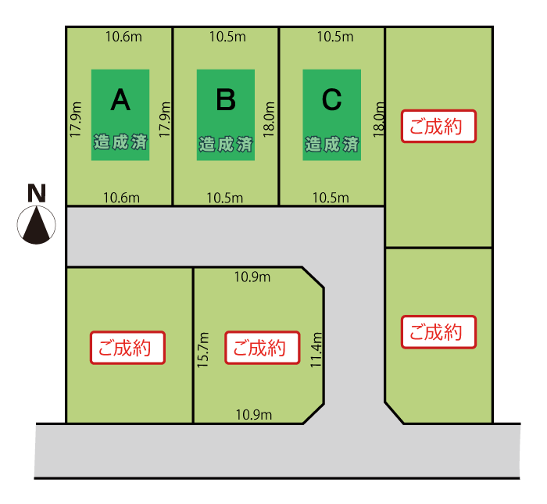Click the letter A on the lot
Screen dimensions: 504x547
120,99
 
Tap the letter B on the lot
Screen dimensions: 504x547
226,99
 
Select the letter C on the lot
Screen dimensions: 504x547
331,99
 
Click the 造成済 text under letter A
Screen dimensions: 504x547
120,143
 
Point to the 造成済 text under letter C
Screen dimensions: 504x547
332,145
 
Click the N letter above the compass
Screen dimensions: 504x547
37,193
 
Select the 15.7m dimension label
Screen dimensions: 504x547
205,349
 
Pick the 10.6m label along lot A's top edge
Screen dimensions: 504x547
123,37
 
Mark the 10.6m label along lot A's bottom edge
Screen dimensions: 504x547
122,198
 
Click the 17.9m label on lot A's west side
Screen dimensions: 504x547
75,120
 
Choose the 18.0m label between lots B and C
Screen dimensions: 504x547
270,120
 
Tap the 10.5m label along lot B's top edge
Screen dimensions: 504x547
228,37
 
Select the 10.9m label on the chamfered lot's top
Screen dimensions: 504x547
252,277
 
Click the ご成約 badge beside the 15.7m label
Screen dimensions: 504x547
262,348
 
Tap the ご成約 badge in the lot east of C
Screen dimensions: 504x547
438,127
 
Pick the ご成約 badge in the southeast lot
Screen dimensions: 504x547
438,332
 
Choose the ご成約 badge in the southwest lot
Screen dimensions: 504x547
130,348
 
